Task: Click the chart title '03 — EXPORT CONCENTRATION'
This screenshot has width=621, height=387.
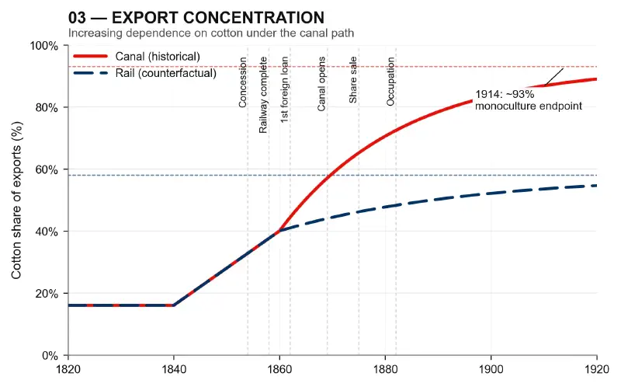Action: [196, 17]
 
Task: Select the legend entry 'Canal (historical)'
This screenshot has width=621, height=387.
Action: [158, 57]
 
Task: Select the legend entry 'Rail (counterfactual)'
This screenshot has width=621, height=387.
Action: [165, 73]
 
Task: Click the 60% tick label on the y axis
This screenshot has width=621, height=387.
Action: [47, 169]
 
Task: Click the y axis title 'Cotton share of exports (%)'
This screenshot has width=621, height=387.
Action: [16, 200]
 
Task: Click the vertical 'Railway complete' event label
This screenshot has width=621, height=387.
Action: [264, 96]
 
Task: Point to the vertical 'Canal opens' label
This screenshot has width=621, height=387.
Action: [321, 84]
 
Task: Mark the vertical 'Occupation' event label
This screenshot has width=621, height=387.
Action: [390, 83]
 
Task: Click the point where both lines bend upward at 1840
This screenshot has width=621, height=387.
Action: [174, 305]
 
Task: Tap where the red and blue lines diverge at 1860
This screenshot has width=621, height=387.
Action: [279, 231]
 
